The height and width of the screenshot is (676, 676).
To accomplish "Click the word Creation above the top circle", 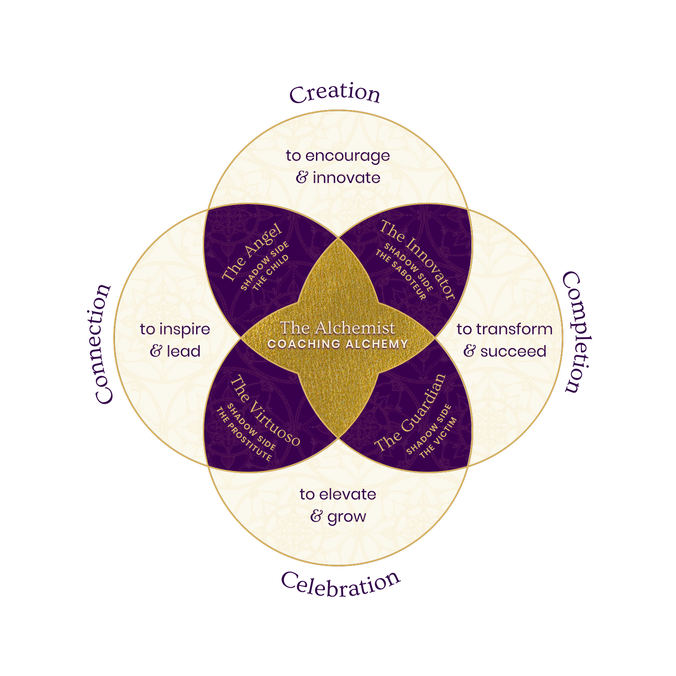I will click(x=335, y=93).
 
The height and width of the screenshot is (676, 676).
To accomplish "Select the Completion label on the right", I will click(x=577, y=332).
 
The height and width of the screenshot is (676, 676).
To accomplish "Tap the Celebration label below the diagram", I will click(x=341, y=585).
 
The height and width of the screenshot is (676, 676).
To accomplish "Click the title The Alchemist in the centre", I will click(x=337, y=328).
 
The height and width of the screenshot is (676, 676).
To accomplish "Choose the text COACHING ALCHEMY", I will click(x=338, y=344).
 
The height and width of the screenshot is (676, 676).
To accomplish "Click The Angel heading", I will click(x=252, y=252).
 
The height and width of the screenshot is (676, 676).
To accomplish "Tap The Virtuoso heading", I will click(x=265, y=411).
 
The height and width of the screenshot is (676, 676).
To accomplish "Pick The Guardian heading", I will click(x=410, y=412).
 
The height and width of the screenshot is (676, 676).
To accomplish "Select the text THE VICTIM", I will click(x=438, y=438).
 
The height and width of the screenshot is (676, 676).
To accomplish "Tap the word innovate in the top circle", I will click(x=346, y=178).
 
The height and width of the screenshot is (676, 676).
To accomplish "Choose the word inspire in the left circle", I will click(x=185, y=329).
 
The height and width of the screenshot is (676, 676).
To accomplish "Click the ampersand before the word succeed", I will click(x=469, y=351).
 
